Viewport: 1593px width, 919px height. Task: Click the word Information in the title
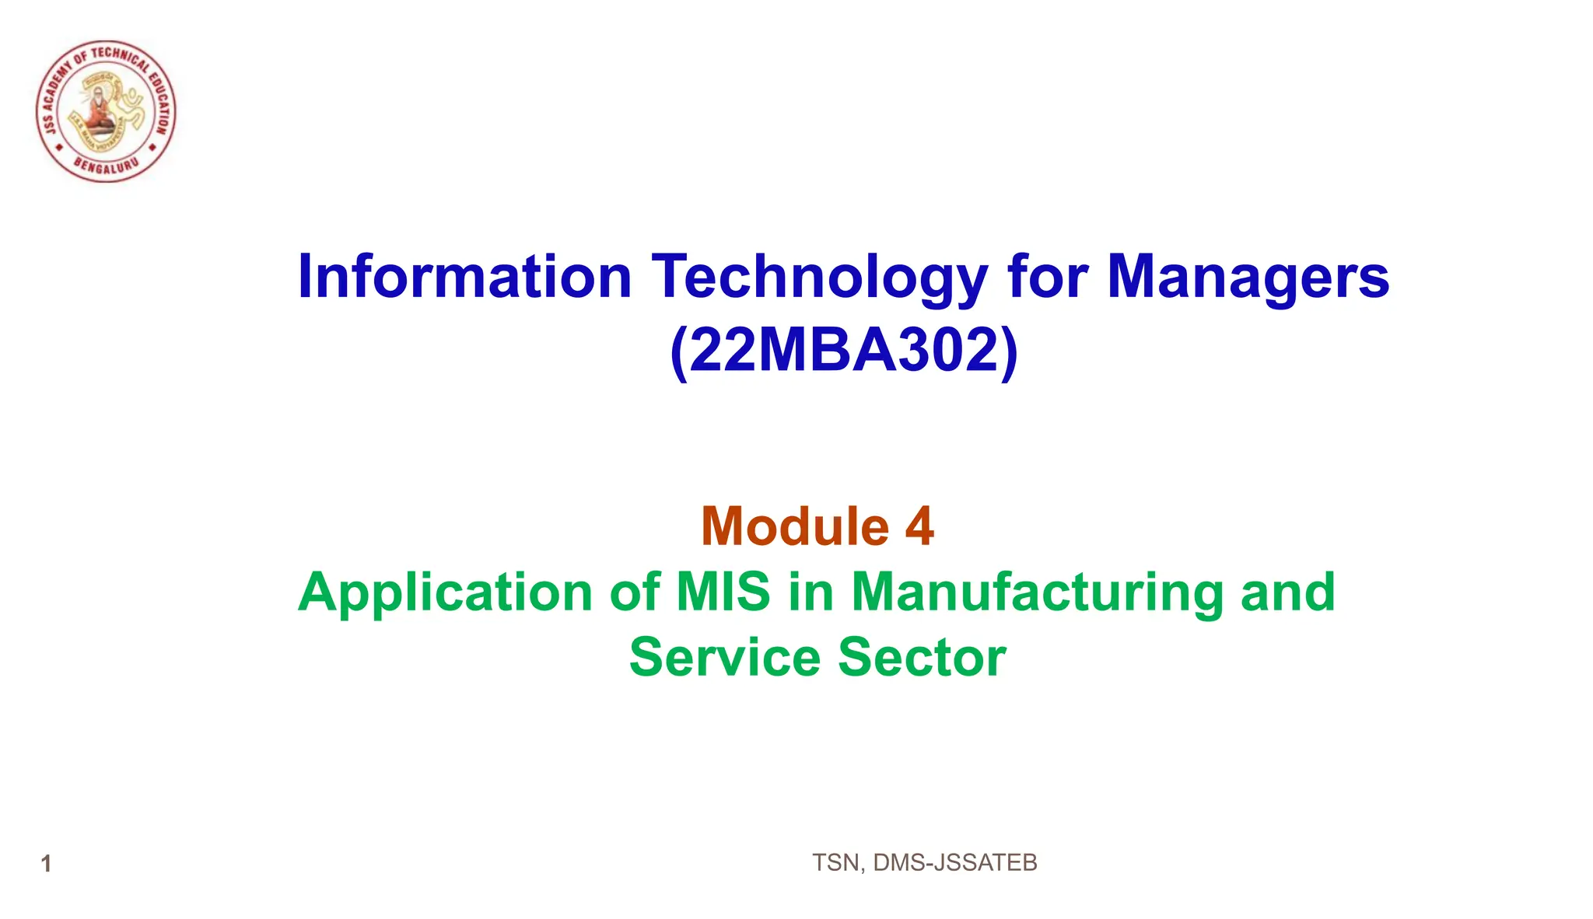point(464,277)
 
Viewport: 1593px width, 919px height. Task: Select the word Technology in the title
point(819,278)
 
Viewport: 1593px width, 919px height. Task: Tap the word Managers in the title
point(1248,278)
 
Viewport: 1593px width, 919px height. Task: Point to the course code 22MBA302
point(844,351)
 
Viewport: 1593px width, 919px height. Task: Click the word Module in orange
point(794,526)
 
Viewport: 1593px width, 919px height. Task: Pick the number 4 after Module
point(919,526)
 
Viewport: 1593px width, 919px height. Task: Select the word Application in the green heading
point(445,593)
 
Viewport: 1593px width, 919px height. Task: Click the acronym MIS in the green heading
point(723,592)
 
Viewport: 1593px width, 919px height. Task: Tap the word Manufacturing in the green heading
point(1038,593)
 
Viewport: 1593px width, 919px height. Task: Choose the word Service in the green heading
point(724,658)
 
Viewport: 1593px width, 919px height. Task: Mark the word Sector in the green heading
point(922,658)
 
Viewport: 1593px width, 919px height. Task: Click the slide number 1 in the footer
point(46,864)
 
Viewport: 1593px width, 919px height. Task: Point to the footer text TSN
point(835,863)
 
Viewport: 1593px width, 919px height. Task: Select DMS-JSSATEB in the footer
point(955,863)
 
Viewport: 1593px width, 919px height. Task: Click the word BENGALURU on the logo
point(107,166)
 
